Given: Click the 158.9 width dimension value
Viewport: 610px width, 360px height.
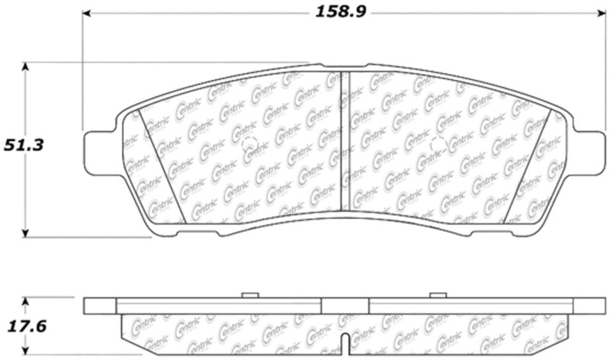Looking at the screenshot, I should click(x=339, y=12).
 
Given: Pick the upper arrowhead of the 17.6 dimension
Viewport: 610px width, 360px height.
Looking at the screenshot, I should click(x=27, y=301).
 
